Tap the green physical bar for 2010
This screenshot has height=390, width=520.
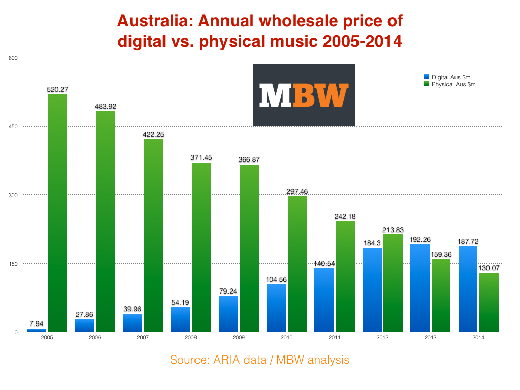click(x=297, y=264)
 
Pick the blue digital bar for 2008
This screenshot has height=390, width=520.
click(x=180, y=319)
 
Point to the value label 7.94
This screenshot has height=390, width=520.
click(x=36, y=323)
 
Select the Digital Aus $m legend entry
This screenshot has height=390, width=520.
click(x=451, y=77)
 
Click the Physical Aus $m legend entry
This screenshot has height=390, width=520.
click(x=453, y=84)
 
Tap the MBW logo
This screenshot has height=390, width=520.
click(x=304, y=95)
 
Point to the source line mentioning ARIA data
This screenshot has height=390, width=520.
click(x=259, y=360)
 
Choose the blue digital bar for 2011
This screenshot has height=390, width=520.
click(x=324, y=300)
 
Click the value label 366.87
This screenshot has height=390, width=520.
click(x=249, y=160)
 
